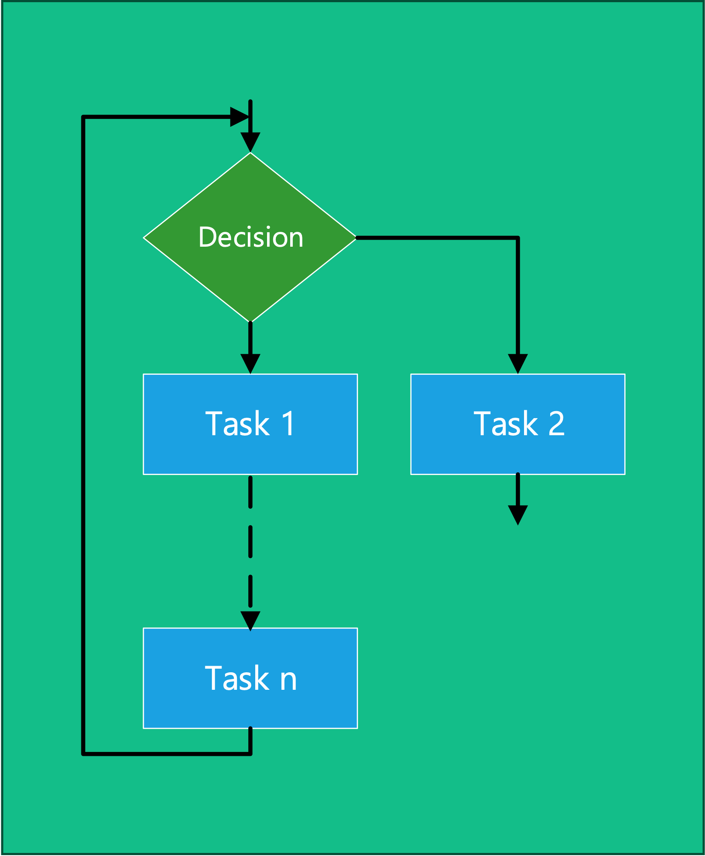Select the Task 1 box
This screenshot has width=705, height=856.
[x=250, y=451]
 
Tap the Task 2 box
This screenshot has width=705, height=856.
[x=517, y=451]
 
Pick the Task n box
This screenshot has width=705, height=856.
[x=250, y=704]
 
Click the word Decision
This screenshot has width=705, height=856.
[x=250, y=238]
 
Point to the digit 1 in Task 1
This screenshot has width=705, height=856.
[x=288, y=424]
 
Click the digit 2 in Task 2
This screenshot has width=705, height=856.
[x=556, y=424]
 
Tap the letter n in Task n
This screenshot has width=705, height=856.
[x=288, y=679]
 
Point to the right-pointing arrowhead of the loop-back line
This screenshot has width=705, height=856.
[x=239, y=117]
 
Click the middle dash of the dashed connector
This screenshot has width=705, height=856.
[x=250, y=542]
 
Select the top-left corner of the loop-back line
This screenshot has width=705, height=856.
[x=83, y=117]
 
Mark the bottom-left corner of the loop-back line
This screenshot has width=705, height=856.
[x=83, y=754]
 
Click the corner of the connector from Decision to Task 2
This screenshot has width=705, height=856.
[x=518, y=238]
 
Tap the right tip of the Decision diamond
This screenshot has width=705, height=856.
[x=356, y=238]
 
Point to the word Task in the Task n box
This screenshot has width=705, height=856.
[x=237, y=679]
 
